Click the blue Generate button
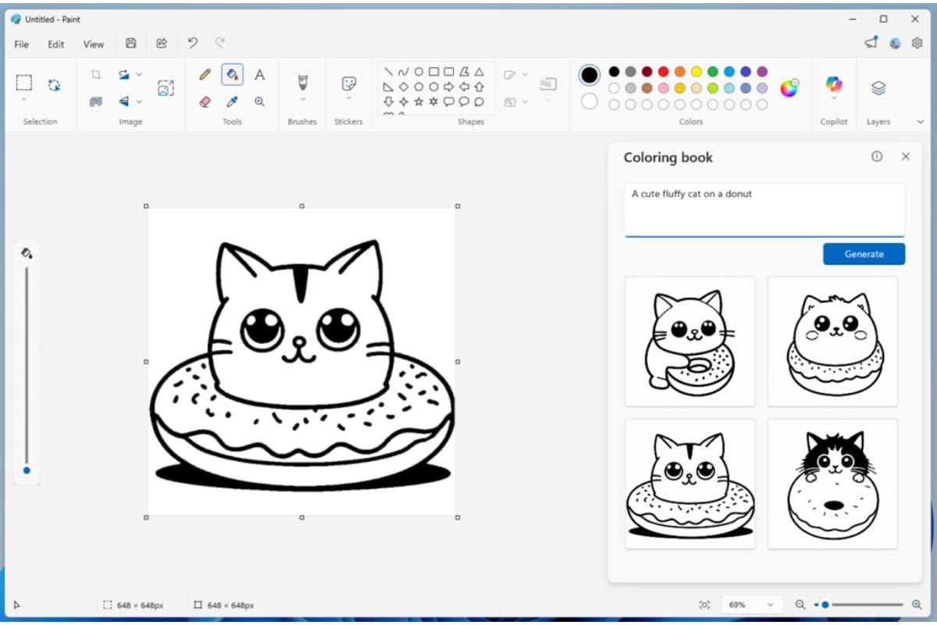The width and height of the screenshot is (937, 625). pyautogui.click(x=864, y=254)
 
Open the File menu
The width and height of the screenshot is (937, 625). pyautogui.click(x=21, y=44)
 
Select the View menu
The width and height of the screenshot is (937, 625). pyautogui.click(x=94, y=44)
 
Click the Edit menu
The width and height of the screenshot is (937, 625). pyautogui.click(x=56, y=44)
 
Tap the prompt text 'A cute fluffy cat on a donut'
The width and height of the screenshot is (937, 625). pyautogui.click(x=692, y=194)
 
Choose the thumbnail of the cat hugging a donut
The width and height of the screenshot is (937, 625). pyautogui.click(x=689, y=341)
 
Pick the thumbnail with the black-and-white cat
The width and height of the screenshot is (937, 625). pyautogui.click(x=832, y=484)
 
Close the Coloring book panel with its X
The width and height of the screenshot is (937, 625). pyautogui.click(x=906, y=156)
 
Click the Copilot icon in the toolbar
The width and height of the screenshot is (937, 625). pyautogui.click(x=834, y=84)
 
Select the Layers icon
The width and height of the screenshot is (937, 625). pyautogui.click(x=878, y=88)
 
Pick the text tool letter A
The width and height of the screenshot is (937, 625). pyautogui.click(x=259, y=75)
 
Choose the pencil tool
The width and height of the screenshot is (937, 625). pyautogui.click(x=205, y=75)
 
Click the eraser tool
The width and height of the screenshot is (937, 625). pyautogui.click(x=205, y=102)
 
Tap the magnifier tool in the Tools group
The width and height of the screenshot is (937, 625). pyautogui.click(x=259, y=102)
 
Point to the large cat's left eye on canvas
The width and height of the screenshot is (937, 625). pyautogui.click(x=262, y=328)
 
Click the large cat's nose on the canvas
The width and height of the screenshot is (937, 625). pyautogui.click(x=298, y=341)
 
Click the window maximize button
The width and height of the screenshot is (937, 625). pyautogui.click(x=883, y=19)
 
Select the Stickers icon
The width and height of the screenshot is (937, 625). pyautogui.click(x=349, y=84)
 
